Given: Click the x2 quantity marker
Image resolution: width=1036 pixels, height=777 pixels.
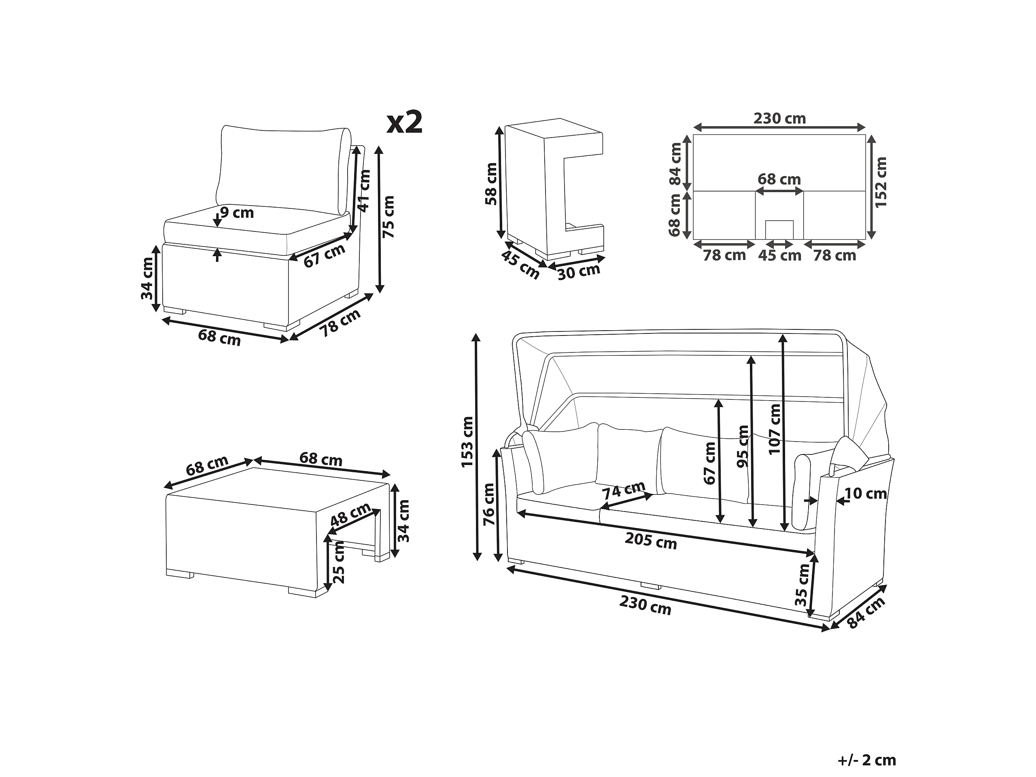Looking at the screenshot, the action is (405, 123).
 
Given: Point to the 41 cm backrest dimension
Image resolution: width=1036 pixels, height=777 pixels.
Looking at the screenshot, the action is (364, 191).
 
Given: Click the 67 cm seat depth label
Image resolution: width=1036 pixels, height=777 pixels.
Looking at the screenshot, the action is (324, 256).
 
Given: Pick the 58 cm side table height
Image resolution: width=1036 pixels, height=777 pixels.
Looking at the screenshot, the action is (491, 184).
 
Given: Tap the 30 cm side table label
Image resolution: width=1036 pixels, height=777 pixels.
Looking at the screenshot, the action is (579, 271).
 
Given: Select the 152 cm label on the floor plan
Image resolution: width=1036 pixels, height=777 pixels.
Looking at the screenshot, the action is (881, 182).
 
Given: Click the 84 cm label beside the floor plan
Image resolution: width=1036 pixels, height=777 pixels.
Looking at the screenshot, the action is (675, 164).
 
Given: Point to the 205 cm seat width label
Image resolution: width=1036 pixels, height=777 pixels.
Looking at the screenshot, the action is (651, 541).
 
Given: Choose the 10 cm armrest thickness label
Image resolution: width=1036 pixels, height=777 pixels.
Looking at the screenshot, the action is (866, 493).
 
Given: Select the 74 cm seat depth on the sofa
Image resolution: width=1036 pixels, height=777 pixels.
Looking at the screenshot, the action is (624, 490).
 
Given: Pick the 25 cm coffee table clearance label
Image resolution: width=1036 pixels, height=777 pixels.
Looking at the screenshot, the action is (338, 562).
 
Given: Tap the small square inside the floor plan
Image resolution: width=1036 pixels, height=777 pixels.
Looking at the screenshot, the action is (779, 229).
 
